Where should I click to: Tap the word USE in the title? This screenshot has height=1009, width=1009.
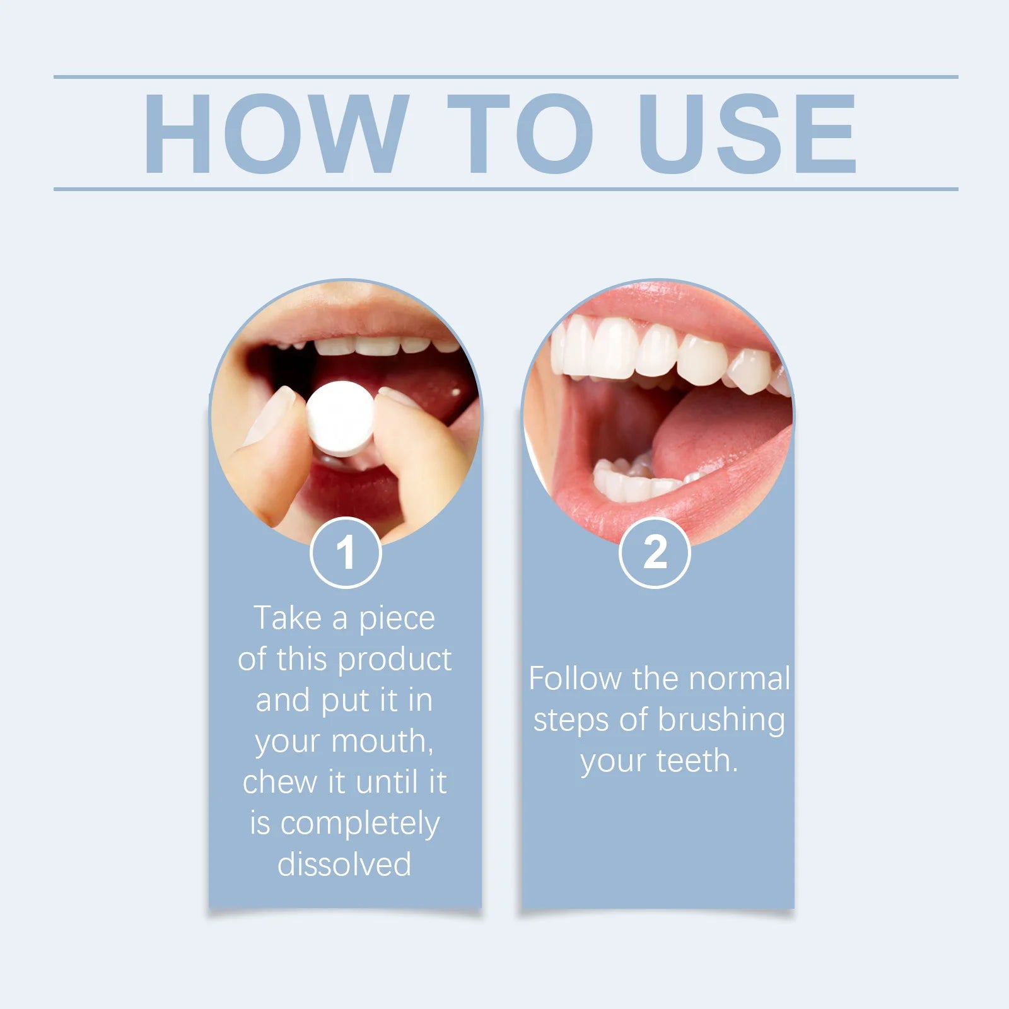(x=747, y=134)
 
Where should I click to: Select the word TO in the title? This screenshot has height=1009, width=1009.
(x=520, y=134)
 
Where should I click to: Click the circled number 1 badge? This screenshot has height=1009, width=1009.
(x=346, y=552)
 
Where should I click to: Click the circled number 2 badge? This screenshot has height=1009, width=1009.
(x=655, y=552)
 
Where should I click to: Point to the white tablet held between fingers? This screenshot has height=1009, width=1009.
(x=341, y=418)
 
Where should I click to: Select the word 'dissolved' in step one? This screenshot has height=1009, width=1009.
(x=344, y=864)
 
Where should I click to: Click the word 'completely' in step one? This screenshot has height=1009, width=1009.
(x=359, y=824)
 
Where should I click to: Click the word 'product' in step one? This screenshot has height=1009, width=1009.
(x=394, y=660)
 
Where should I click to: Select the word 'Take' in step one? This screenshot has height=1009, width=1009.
(x=288, y=618)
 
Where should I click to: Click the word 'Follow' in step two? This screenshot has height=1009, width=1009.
(x=574, y=679)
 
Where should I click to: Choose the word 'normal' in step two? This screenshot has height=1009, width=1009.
(x=739, y=679)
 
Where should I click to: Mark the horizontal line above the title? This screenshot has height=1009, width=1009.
(x=504, y=77)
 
